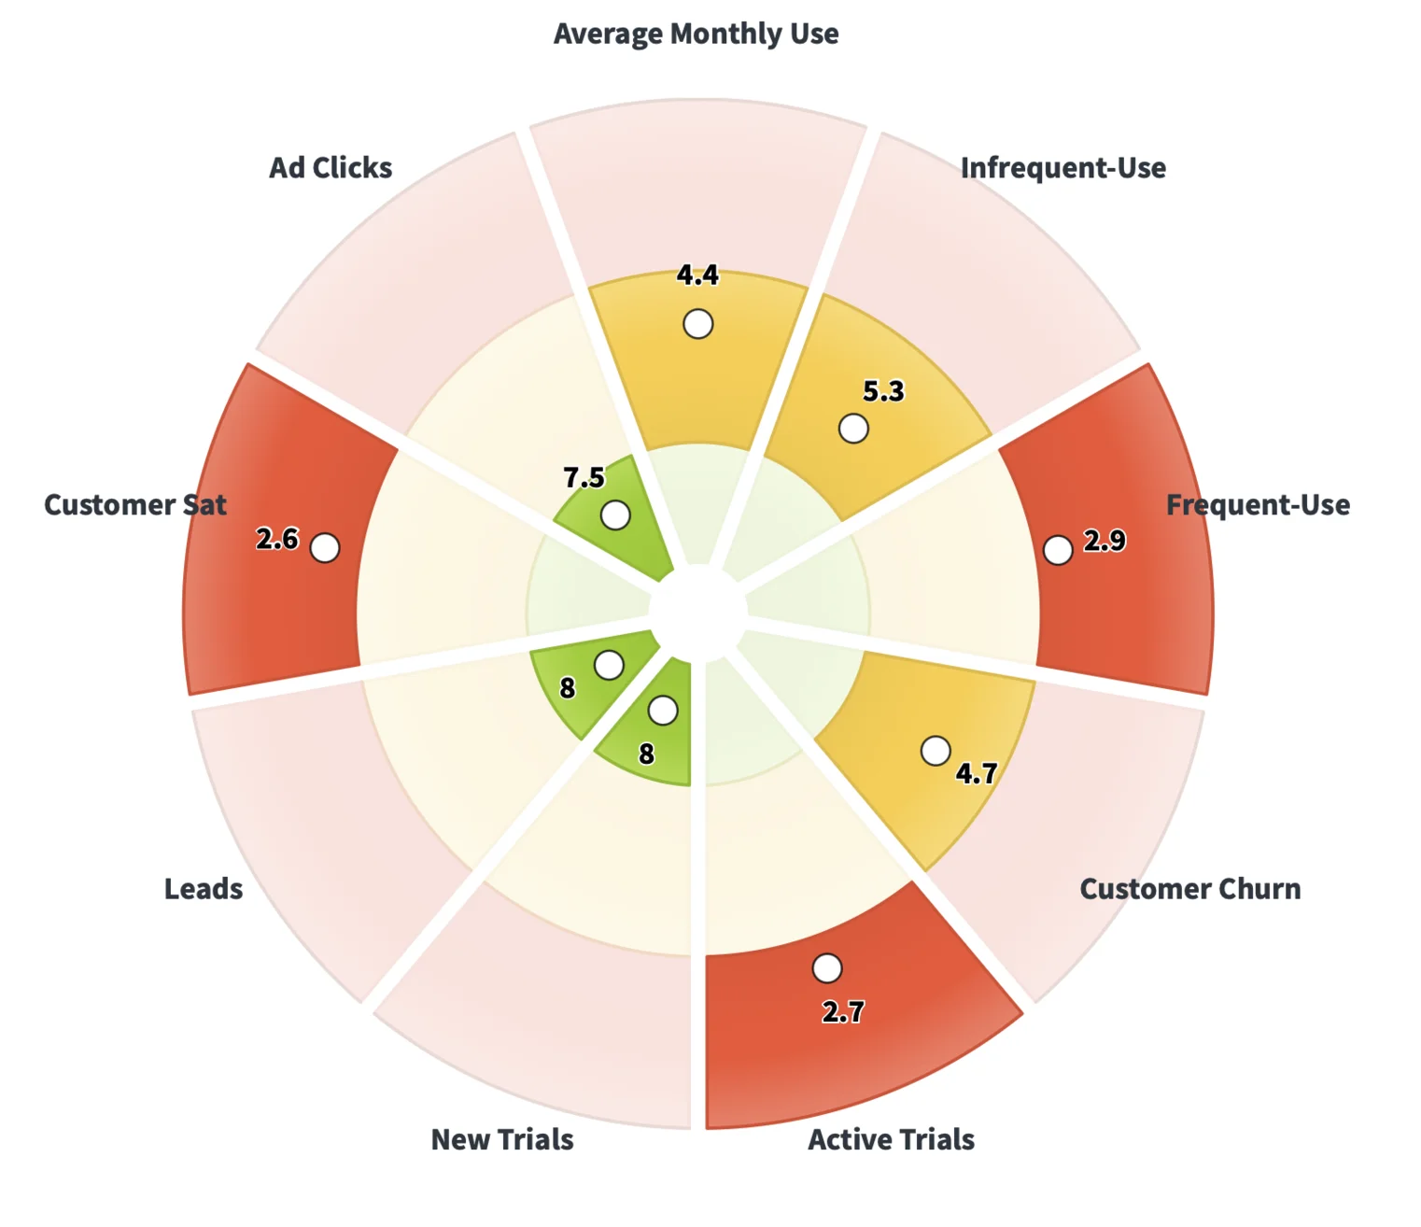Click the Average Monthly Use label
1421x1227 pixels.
(x=696, y=35)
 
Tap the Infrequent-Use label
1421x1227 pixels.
(x=1062, y=168)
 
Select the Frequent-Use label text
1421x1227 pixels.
(x=1257, y=505)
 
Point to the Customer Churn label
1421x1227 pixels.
(x=1189, y=889)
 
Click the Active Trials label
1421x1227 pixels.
(x=891, y=1140)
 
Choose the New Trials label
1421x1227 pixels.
(x=502, y=1140)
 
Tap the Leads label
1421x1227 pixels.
(x=204, y=889)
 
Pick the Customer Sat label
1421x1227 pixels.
(x=135, y=505)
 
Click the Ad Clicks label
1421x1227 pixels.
(x=331, y=168)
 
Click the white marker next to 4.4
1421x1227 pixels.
(x=697, y=324)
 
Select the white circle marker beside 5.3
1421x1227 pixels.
(x=853, y=429)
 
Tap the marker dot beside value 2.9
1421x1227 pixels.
(x=1057, y=550)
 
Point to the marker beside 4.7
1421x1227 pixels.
(x=936, y=750)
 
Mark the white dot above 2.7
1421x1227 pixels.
(x=826, y=968)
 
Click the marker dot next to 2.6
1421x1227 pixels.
(x=325, y=547)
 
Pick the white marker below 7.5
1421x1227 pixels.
(x=615, y=515)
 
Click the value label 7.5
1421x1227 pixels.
(x=584, y=478)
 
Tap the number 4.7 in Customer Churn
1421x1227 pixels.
(x=977, y=773)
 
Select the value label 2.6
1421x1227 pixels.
(x=277, y=539)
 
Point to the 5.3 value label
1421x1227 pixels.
(x=883, y=391)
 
